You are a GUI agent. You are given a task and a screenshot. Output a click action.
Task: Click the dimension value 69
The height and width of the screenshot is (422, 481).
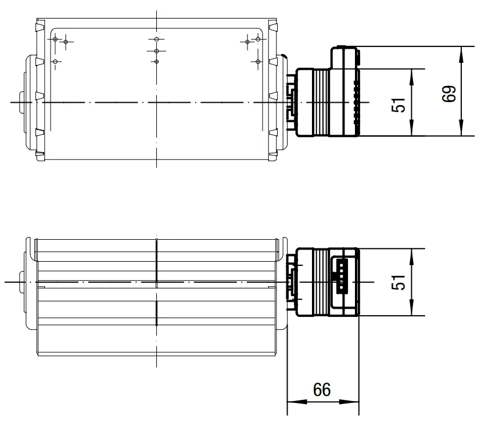[x=450, y=94]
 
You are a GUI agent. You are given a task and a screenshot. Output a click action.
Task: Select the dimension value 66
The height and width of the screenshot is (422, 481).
[x=322, y=390]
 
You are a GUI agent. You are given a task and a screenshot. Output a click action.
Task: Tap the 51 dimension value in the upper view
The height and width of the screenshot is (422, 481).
[x=399, y=105]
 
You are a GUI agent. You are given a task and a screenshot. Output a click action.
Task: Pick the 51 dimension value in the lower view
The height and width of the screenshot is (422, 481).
[x=399, y=282]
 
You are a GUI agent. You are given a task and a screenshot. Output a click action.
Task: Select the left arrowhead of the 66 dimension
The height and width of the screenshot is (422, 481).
[x=297, y=402]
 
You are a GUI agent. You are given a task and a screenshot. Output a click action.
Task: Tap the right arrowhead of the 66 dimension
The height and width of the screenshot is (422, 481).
[x=349, y=402]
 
